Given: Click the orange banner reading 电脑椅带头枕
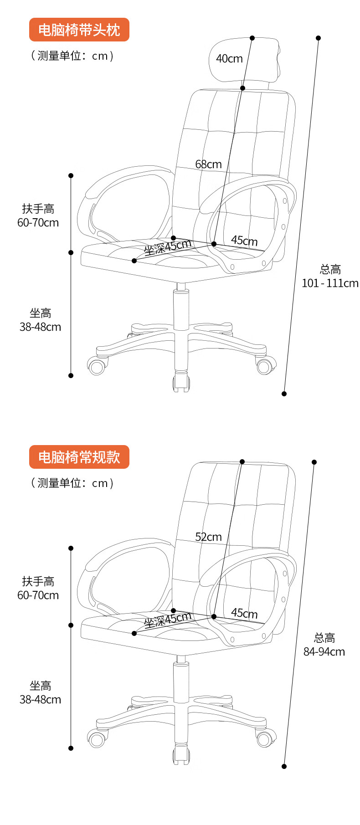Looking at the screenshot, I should point(79,30).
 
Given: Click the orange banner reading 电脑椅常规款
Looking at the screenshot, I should point(79,457).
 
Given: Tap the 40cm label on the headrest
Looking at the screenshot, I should point(229,59).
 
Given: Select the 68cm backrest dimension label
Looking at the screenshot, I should point(208,164).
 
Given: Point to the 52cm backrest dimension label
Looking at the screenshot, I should point(208,537).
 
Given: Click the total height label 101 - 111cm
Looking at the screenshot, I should point(330,283).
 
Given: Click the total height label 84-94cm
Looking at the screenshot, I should point(324,651).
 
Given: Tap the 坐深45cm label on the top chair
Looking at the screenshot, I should point(168,247).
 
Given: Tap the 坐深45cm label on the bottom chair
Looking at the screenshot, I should point(168,620).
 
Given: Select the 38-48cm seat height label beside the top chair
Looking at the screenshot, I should point(40,327).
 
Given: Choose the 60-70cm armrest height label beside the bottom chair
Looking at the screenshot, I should point(38,595).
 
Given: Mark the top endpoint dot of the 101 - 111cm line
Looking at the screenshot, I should point(318,38).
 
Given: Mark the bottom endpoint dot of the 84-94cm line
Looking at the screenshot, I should point(284,766).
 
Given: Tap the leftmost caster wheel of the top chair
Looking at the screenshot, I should point(97,367).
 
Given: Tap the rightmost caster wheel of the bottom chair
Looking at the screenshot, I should point(264,739).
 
